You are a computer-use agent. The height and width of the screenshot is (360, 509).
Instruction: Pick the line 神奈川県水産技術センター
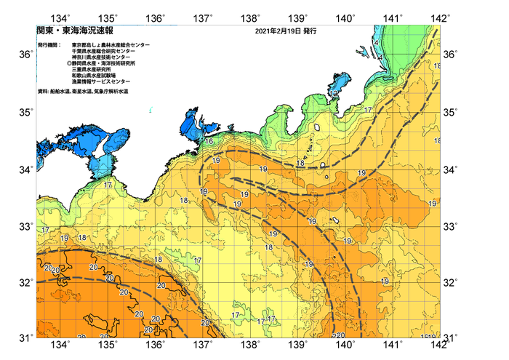[104, 57]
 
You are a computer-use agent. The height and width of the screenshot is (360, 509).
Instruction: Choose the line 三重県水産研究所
[92, 70]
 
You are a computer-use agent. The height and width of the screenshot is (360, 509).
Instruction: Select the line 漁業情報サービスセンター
[101, 81]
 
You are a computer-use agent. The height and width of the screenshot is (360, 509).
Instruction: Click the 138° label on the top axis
[252, 17]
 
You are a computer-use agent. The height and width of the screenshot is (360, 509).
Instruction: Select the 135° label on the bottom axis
[108, 344]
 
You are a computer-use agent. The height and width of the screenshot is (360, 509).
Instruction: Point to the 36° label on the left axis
[25, 55]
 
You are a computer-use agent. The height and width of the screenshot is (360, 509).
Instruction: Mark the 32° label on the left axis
[25, 281]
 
